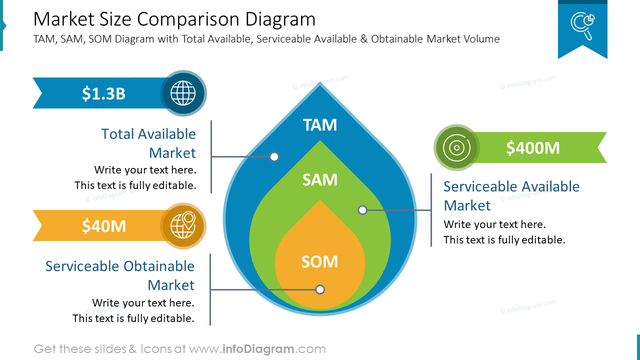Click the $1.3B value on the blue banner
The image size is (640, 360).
103,93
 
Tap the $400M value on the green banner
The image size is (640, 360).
532,148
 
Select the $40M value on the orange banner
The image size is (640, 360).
103,226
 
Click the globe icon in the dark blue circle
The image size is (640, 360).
183,93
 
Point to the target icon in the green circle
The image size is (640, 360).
456,147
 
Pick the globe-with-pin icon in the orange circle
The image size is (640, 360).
183,226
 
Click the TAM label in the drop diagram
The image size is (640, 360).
320,125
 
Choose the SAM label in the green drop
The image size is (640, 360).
320,179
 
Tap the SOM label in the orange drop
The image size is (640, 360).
320,261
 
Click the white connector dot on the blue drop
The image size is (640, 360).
274,157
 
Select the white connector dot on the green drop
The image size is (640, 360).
362,210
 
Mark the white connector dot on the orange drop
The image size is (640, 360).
320,289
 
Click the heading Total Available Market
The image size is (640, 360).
148,143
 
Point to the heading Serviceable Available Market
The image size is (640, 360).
511,195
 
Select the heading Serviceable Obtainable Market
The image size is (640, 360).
120,275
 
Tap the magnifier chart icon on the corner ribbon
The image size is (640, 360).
582,25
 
